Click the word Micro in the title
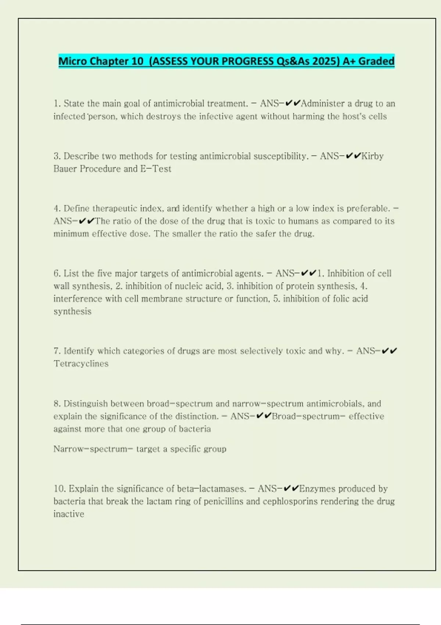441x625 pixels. click(x=73, y=61)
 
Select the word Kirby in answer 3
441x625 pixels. click(x=373, y=156)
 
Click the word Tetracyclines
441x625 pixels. click(x=81, y=364)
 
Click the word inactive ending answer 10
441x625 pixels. click(x=69, y=514)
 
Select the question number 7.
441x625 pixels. click(x=57, y=351)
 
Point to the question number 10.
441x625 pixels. click(x=60, y=489)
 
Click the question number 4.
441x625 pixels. click(x=57, y=209)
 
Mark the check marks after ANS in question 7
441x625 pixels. click(x=389, y=351)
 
